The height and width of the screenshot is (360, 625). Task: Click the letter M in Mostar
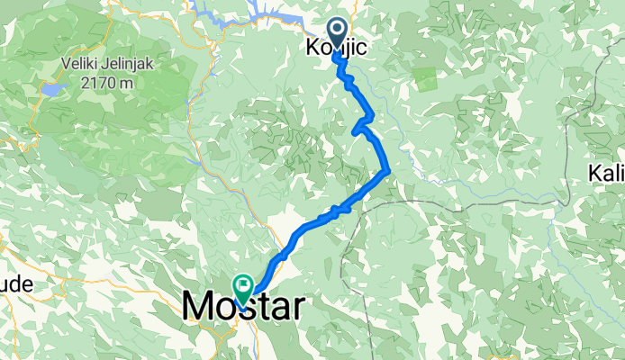(x=198, y=307)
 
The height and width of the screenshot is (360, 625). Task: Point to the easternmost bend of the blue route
(x=388, y=169)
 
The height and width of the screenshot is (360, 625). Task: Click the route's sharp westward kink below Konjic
(x=354, y=131)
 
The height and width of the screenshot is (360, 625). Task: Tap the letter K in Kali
(x=595, y=172)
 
